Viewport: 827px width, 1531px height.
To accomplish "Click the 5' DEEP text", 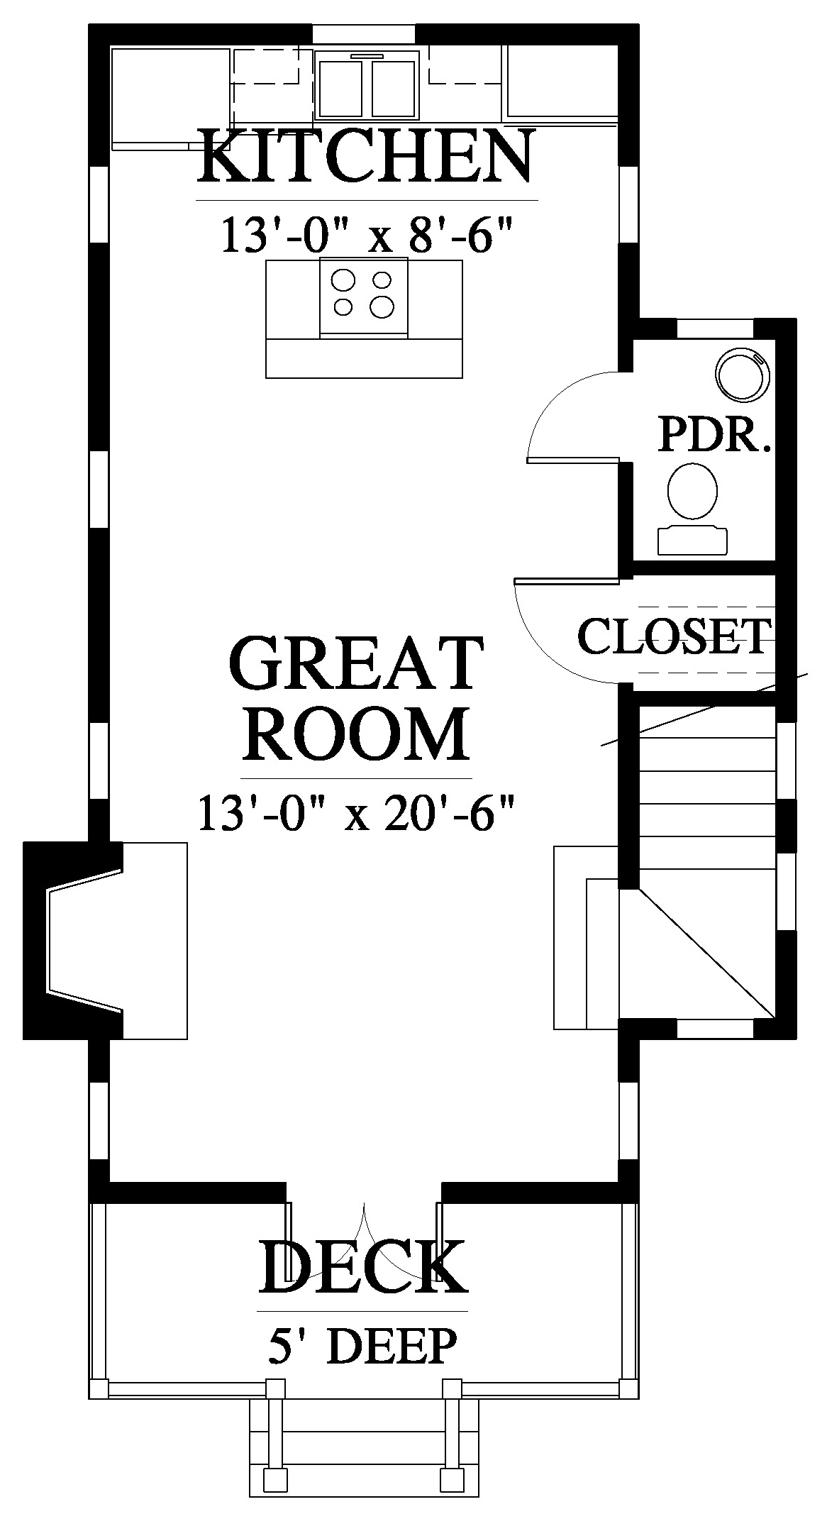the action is click(362, 1347).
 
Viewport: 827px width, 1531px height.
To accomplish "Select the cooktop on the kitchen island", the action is click(364, 296).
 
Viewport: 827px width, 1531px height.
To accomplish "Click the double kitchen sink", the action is click(367, 87).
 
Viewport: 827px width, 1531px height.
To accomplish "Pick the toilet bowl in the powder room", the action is click(693, 491).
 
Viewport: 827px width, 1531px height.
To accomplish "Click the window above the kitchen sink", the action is click(365, 34).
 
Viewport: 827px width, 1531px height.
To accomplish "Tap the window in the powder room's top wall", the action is click(715, 328).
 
